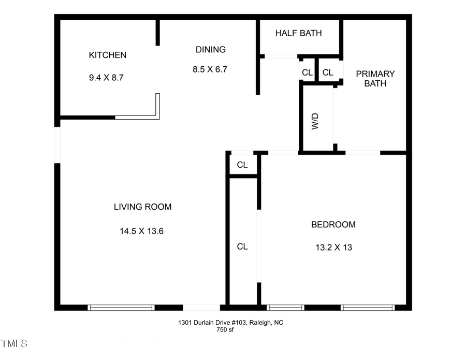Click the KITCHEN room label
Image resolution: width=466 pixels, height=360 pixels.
pos(108,55)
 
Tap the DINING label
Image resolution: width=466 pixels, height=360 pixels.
pos(210,50)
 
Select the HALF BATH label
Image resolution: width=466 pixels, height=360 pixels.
pos(298,33)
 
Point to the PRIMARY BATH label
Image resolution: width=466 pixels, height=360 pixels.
pos(375,78)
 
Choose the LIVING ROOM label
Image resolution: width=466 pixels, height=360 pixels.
pos(142,207)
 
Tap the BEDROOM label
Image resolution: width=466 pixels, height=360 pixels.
pos(333,224)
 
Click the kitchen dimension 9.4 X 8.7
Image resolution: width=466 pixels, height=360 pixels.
pos(107,78)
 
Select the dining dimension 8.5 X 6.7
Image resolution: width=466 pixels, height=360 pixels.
pos(210,69)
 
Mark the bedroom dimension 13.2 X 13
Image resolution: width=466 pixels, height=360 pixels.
pos(333,247)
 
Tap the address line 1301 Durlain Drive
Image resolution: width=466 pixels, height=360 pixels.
pos(231,322)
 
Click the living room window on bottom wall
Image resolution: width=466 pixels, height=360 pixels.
pos(122,307)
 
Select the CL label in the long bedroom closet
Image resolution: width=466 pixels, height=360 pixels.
pos(242,247)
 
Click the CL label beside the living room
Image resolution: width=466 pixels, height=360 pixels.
pos(242,165)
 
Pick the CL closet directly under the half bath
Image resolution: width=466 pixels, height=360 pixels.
pos(307,73)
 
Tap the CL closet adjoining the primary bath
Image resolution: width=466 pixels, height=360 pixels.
pos(328,73)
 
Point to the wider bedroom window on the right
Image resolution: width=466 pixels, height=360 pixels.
pos(368,307)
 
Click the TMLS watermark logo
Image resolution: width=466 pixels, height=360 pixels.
pos(14,343)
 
